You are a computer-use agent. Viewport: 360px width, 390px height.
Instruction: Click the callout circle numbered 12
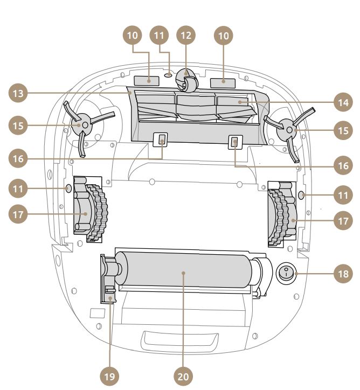[x=186, y=36]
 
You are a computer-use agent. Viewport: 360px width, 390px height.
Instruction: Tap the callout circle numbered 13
[x=17, y=93]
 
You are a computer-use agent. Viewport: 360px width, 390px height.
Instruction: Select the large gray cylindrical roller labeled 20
[x=183, y=274]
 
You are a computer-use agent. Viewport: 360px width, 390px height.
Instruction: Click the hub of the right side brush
[x=289, y=130]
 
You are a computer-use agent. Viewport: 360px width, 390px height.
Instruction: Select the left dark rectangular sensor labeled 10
[x=147, y=81]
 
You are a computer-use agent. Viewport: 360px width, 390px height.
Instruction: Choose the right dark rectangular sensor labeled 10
[x=223, y=83]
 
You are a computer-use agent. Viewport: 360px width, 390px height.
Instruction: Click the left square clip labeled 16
[x=162, y=141]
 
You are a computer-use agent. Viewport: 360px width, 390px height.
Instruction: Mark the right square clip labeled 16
[x=235, y=143]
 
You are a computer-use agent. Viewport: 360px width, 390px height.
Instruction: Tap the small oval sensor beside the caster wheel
[x=168, y=76]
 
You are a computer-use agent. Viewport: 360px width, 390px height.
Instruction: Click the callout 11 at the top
[x=160, y=36]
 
